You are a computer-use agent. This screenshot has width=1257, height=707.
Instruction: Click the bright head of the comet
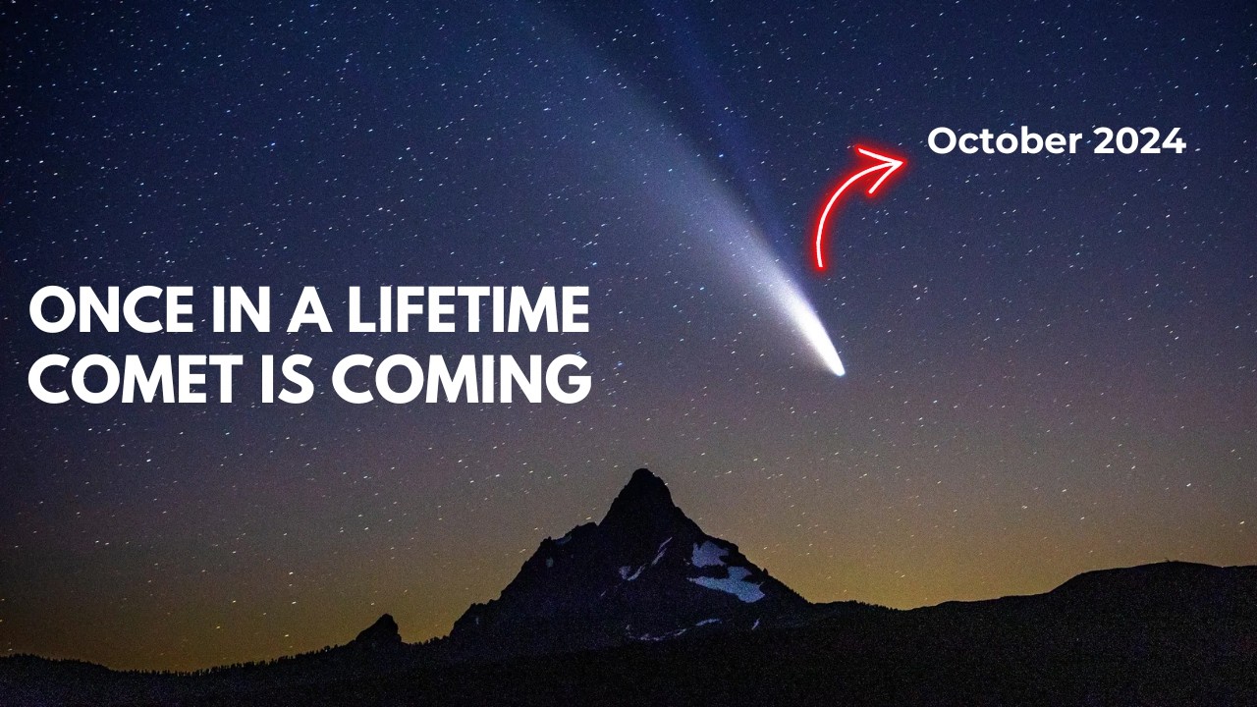pyautogui.click(x=835, y=368)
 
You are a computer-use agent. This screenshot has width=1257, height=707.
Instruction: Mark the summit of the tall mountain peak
pyautogui.click(x=643, y=474)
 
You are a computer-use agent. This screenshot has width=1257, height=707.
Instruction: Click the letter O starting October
pyautogui.click(x=942, y=142)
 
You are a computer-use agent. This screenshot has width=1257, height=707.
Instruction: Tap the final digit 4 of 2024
pyautogui.click(x=1173, y=142)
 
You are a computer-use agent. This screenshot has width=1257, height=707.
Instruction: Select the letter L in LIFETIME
pyautogui.click(x=329, y=313)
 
